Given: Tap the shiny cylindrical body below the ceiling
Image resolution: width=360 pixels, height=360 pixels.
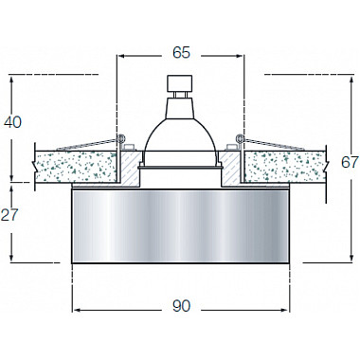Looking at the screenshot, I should (179, 223).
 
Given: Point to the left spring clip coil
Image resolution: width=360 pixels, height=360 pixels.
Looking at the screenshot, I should (122, 142).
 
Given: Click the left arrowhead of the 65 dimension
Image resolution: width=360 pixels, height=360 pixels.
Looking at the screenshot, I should (119, 56).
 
